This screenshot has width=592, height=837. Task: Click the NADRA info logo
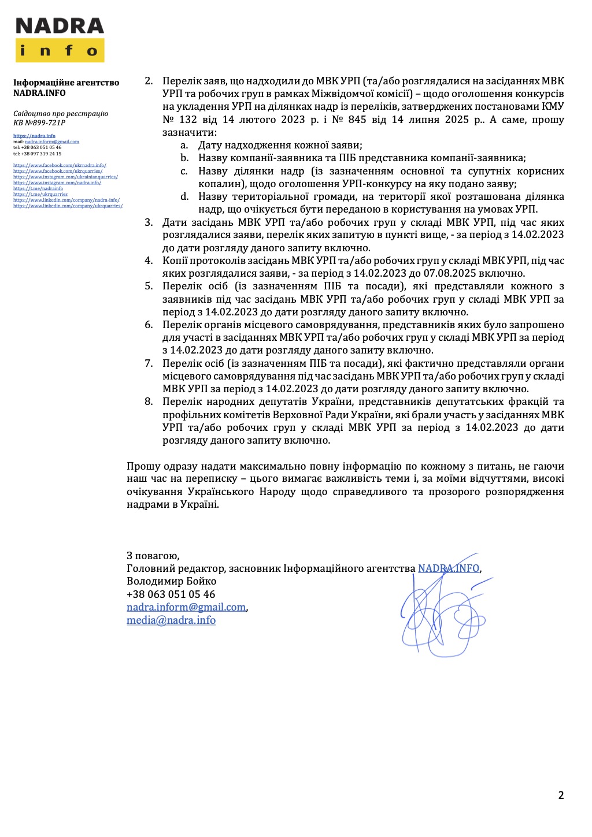click(60, 40)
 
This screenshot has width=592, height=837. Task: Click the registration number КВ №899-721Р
click(39, 122)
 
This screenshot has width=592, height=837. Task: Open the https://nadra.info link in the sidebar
click(34, 136)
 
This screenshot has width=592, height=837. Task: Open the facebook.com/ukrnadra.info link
click(60, 165)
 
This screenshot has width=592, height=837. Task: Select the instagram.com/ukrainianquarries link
click(65, 177)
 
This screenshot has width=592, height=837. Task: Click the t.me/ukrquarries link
click(40, 194)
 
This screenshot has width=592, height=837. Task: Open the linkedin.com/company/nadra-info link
click(66, 200)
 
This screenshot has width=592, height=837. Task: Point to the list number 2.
click(149, 81)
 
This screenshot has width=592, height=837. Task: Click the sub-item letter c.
click(184, 171)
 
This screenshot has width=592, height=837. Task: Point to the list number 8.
click(149, 401)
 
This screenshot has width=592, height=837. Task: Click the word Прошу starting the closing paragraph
click(143, 466)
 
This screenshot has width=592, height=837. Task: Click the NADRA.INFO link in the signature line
click(449, 568)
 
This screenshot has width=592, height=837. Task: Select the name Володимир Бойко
click(171, 581)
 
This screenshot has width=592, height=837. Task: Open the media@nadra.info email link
click(171, 620)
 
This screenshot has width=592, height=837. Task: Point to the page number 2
click(561, 795)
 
